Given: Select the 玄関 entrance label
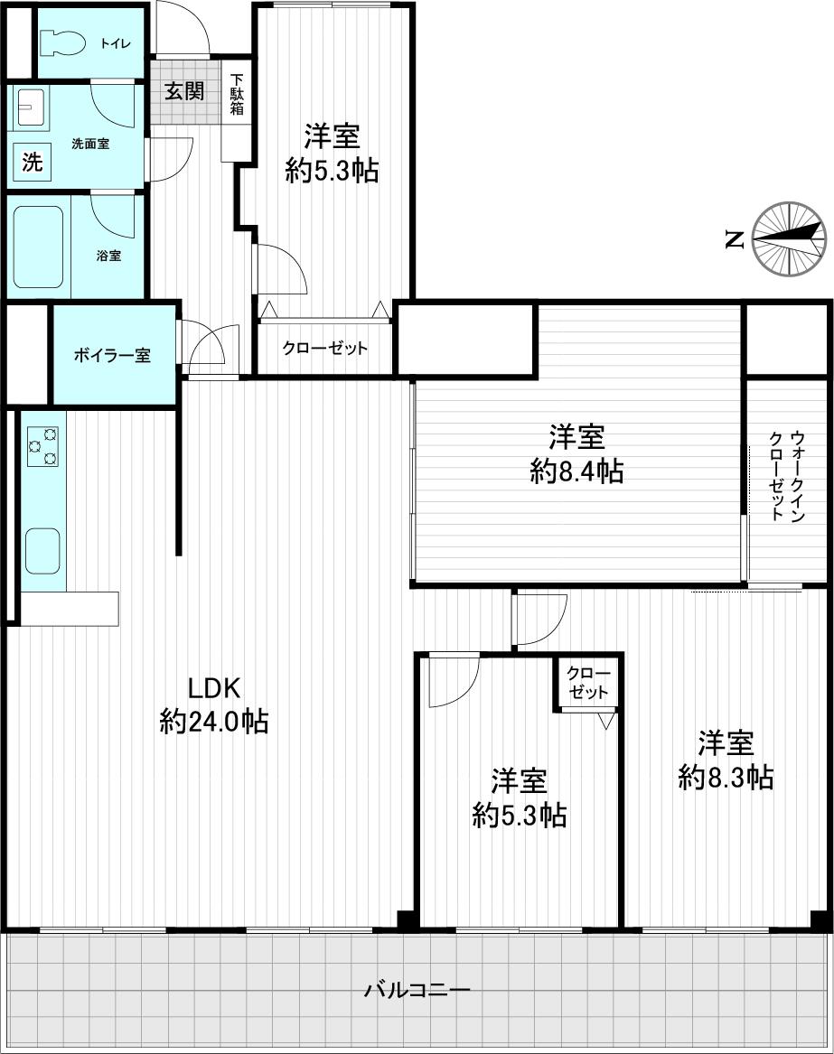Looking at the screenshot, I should (183, 90).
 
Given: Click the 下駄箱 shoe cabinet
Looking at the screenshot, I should (236, 95).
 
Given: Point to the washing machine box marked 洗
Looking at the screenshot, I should (32, 163).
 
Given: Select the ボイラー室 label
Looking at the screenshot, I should (112, 355).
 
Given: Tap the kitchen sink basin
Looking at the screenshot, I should (42, 551).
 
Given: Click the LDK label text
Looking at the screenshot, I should (213, 688).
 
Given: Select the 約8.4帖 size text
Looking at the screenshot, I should (576, 471).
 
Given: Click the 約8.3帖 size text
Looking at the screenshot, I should (726, 777).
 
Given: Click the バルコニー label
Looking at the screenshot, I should (417, 991).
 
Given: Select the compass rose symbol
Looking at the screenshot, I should (790, 238).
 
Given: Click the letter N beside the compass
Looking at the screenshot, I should (734, 239).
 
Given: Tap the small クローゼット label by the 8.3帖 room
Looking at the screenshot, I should (588, 683).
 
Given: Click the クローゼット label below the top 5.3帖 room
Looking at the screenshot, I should (325, 348).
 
